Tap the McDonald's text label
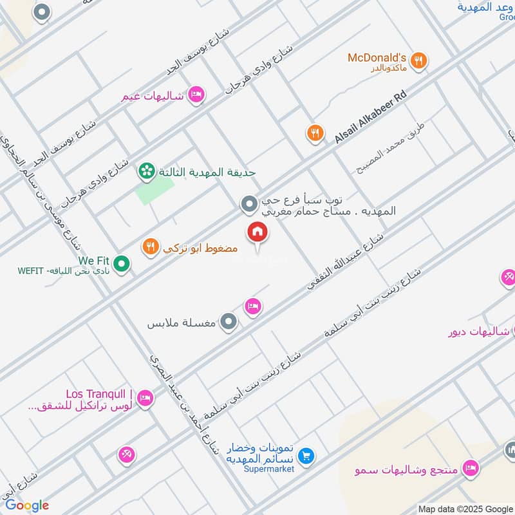[x=377, y=57]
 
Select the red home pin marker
[x=257, y=232]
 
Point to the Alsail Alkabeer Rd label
[x=371, y=117]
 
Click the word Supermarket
[x=260, y=469]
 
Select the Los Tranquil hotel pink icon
[x=145, y=398]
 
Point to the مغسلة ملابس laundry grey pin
[x=228, y=322]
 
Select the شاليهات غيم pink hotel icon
[x=198, y=95]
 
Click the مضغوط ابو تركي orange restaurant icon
[x=151, y=247]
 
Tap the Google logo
[x=26, y=505]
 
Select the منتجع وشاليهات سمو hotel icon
[x=471, y=468]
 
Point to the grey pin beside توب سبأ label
[x=249, y=205]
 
